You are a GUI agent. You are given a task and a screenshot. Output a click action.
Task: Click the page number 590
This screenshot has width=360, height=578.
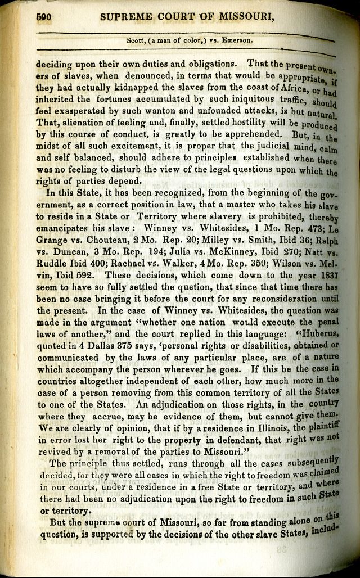click(x=44, y=17)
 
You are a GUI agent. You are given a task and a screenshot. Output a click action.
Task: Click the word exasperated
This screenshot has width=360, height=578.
click(x=81, y=111)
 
